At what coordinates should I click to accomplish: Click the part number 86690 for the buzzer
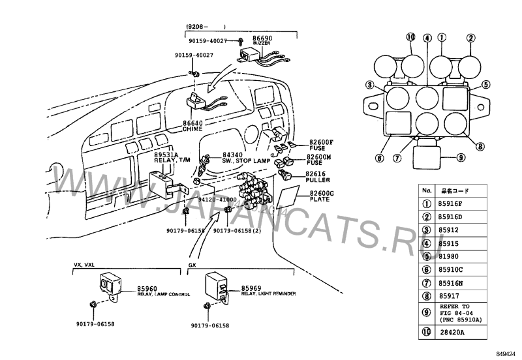253,39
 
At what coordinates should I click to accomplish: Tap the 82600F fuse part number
321,142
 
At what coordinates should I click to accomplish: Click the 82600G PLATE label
321,194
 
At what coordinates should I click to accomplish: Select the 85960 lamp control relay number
147,288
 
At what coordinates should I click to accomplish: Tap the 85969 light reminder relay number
251,288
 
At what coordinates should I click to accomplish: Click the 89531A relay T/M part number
166,154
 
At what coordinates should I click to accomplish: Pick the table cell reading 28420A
450,333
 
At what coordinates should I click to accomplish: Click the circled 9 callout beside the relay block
460,157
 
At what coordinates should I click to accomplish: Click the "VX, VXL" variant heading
84,266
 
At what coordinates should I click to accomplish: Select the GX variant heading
192,266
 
